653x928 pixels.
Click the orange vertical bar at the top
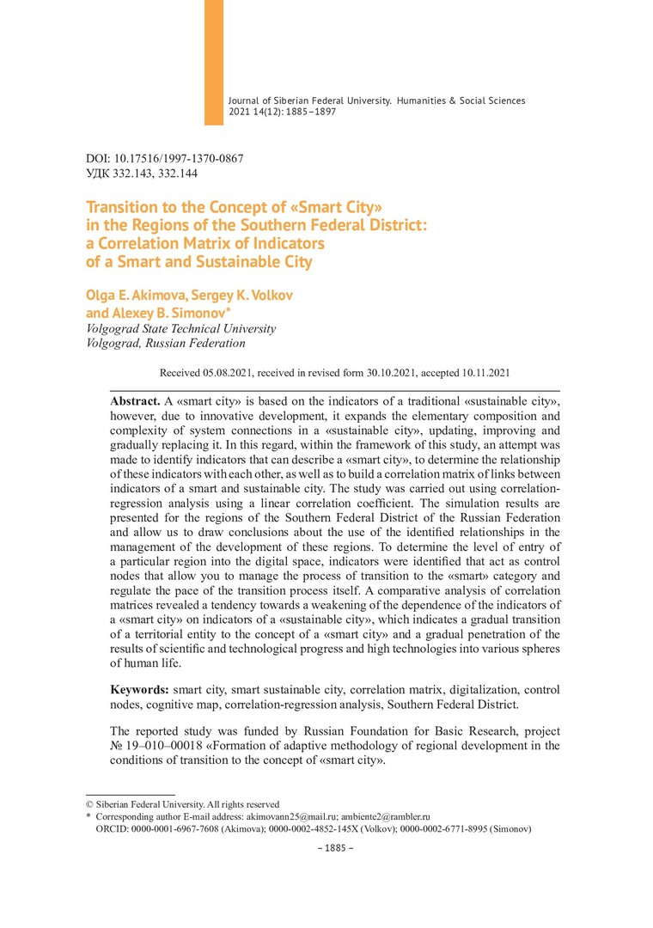pyautogui.click(x=213, y=62)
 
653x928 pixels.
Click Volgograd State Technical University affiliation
pyautogui.click(x=181, y=328)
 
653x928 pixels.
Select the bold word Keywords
pyautogui.click(x=140, y=690)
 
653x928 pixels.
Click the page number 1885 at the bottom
pyautogui.click(x=330, y=848)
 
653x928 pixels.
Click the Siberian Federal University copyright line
pyautogui.click(x=186, y=803)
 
